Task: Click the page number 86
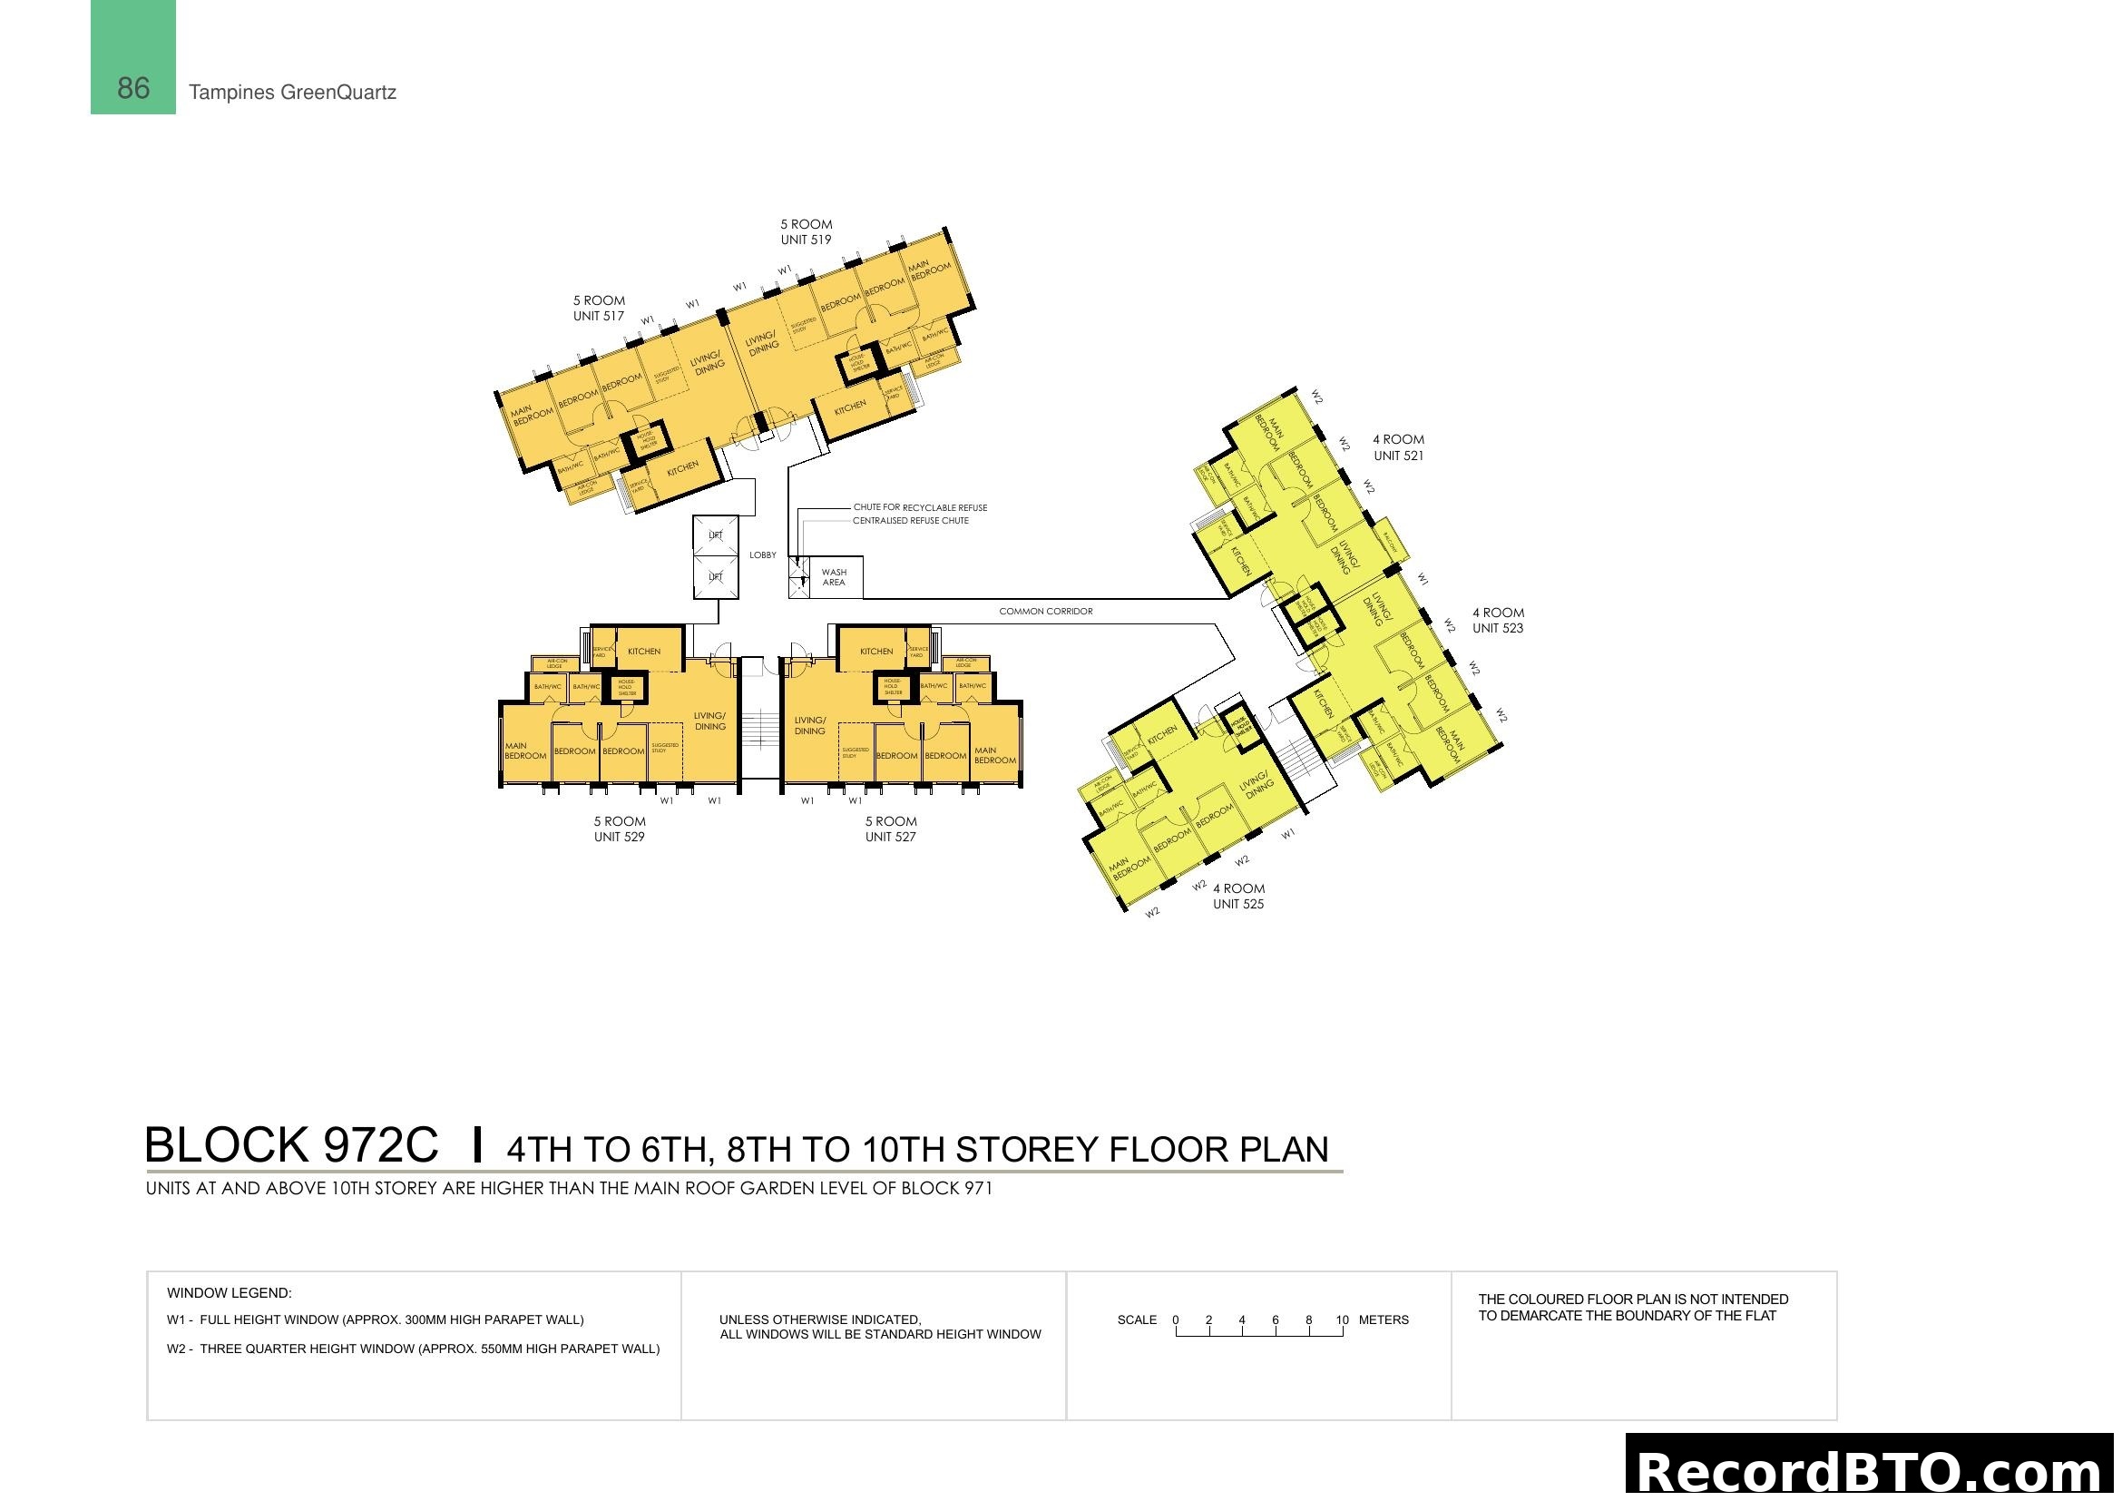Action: tap(133, 89)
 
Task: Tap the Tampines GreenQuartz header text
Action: tap(292, 93)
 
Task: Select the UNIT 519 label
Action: tap(806, 240)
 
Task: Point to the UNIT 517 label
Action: tap(599, 316)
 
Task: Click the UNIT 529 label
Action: tap(620, 838)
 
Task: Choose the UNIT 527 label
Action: tap(890, 838)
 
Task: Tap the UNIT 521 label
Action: tap(1398, 456)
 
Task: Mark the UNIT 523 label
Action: tap(1497, 629)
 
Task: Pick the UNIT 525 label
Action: tap(1238, 904)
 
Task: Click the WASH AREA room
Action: tap(834, 578)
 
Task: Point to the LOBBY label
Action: tap(762, 555)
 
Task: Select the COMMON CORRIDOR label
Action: tap(1045, 612)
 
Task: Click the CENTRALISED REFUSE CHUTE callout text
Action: tap(910, 521)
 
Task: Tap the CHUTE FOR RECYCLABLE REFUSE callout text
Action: tap(920, 507)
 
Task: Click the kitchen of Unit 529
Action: tap(644, 652)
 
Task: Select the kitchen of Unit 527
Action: tap(876, 652)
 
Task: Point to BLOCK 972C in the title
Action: tap(291, 1145)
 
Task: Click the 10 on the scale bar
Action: tap(1342, 1320)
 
